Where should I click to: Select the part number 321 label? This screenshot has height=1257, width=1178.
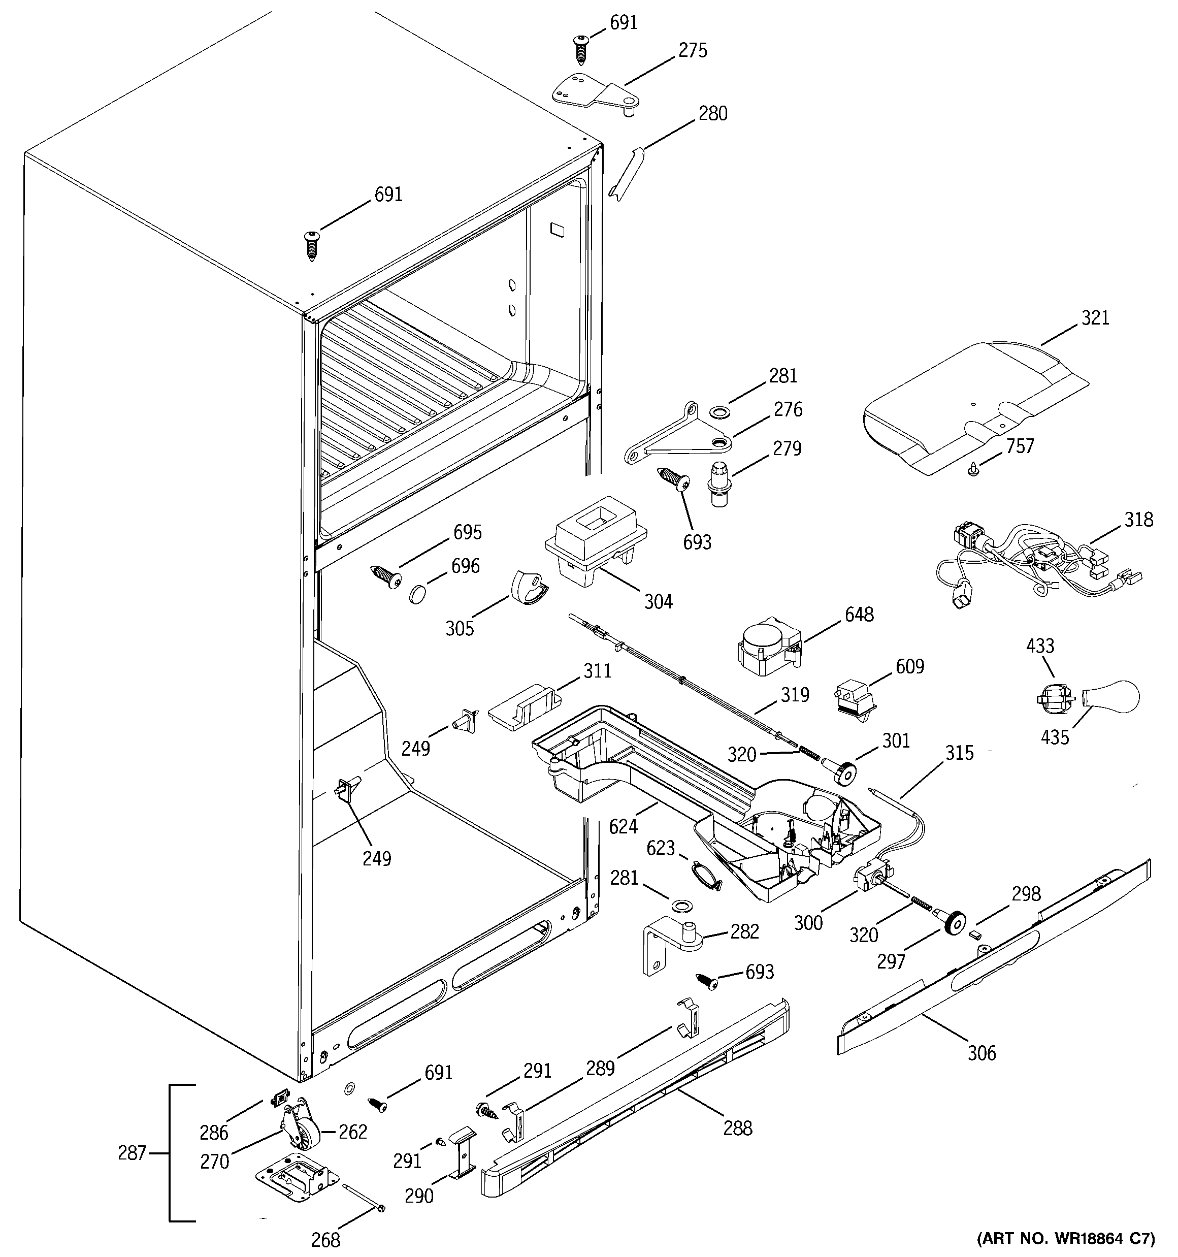click(1095, 317)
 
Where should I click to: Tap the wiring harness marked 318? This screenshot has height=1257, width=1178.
click(1037, 560)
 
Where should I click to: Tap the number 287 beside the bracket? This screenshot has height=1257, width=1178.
click(132, 1153)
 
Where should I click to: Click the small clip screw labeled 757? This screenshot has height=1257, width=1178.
click(974, 469)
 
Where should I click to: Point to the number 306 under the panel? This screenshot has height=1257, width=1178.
click(981, 1053)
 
